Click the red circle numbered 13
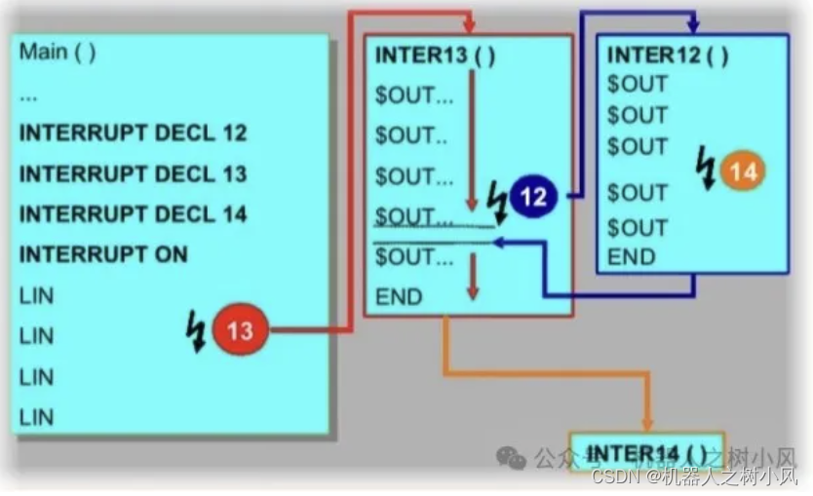pos(240,331)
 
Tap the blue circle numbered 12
pos(532,199)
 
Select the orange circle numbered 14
pos(743,172)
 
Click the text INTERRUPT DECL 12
pos(134,134)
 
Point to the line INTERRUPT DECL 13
pos(134,174)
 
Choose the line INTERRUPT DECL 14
pos(134,214)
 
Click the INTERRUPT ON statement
pos(103,255)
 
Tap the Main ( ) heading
pos(58,52)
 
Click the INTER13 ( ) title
pos(436,56)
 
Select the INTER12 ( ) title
pos(668,55)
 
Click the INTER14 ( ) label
pos(645,453)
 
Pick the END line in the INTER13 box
pos(400,296)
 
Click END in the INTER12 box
pos(631,257)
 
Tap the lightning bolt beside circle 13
pos(195,332)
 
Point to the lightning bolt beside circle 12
pos(497,201)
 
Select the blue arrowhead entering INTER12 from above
pos(694,27)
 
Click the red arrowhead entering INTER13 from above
pos(470,27)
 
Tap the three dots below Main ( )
pos(28,96)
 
